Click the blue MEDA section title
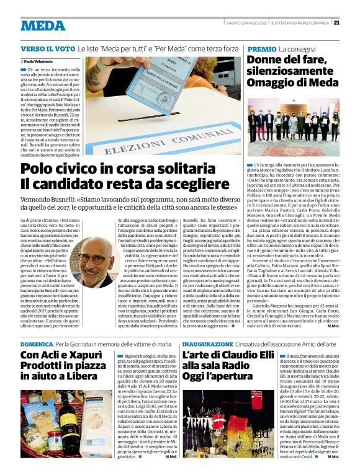coord(42,25)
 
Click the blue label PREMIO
coord(261,48)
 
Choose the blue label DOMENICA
coord(37,343)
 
